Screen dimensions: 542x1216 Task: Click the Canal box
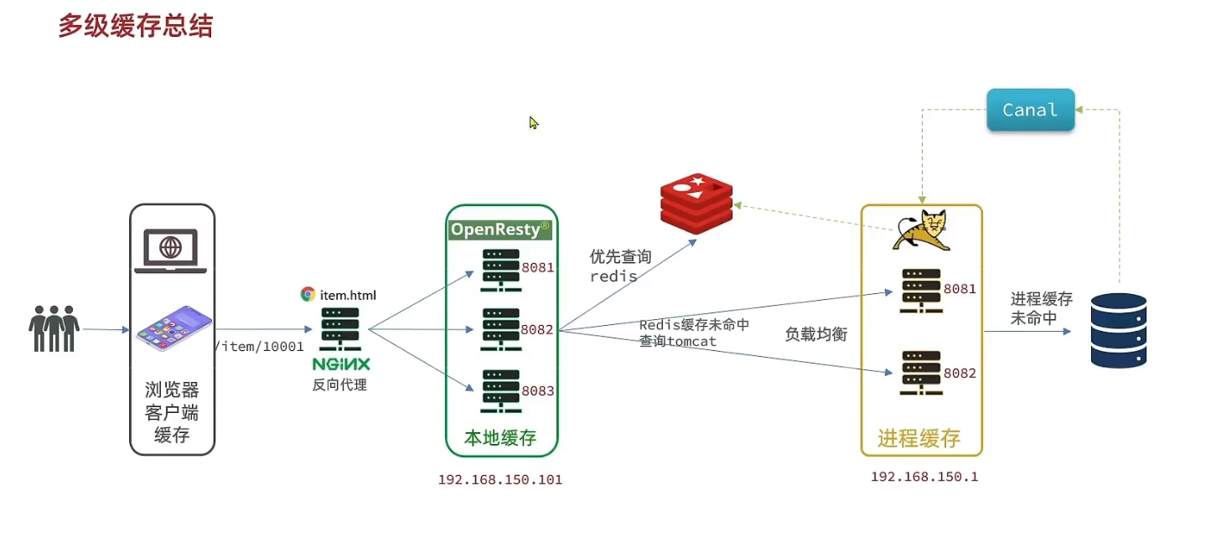(x=1030, y=110)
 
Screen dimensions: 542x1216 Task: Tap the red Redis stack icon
(x=696, y=202)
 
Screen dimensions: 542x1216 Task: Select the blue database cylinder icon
(x=1118, y=330)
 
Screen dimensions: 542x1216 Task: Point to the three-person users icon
(x=54, y=328)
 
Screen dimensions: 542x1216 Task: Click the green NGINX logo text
(x=341, y=364)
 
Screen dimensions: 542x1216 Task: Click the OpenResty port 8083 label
(x=537, y=390)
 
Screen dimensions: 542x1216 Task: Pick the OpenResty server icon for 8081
(x=500, y=269)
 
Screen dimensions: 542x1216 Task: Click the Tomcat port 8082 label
(x=960, y=374)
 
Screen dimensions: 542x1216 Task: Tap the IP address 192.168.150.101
(x=499, y=480)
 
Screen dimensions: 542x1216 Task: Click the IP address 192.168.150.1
(x=924, y=477)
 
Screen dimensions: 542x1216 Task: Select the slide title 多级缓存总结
(x=135, y=26)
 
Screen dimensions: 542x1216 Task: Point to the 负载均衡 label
(x=815, y=335)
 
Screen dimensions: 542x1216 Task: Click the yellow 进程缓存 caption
(x=918, y=438)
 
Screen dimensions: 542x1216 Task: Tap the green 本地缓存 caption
(x=500, y=437)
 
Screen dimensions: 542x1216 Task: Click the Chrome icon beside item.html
(x=308, y=294)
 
